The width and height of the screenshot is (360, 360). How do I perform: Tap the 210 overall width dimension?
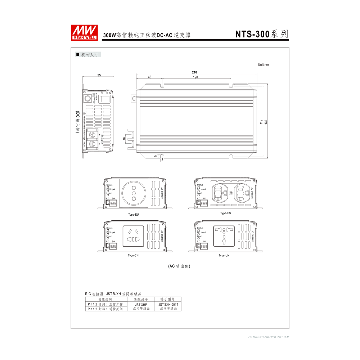[x=195, y=72]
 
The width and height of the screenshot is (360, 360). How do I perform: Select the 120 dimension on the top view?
[x=195, y=77]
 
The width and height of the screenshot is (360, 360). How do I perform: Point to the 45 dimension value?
[x=149, y=77]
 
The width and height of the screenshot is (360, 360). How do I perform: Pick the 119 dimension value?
[x=261, y=122]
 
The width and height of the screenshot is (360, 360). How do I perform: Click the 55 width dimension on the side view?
[x=99, y=75]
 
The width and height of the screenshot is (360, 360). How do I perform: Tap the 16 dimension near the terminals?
[x=124, y=139]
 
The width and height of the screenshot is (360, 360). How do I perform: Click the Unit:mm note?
[x=264, y=65]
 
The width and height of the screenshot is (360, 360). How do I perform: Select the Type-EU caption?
[x=133, y=215]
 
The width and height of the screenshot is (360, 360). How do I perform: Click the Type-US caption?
[x=226, y=213]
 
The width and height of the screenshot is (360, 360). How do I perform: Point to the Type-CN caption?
[x=133, y=256]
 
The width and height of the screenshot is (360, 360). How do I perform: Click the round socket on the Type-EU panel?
[x=134, y=193]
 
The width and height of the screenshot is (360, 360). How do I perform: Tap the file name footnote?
[x=269, y=337]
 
